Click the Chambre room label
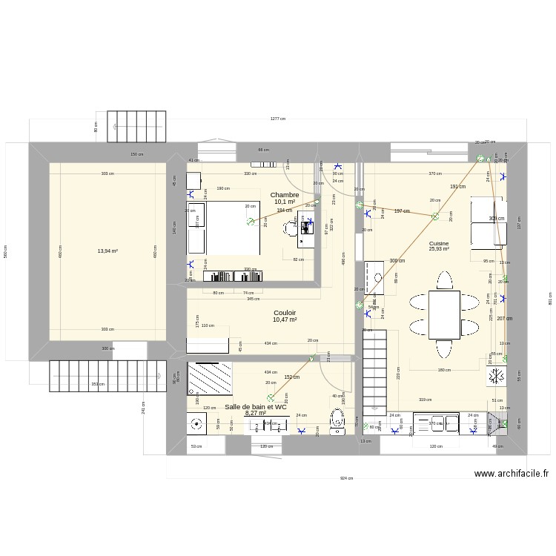pyautogui.click(x=285, y=195)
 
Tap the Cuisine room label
pyautogui.click(x=438, y=243)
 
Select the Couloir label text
pyautogui.click(x=285, y=313)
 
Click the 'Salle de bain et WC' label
pyautogui.click(x=256, y=407)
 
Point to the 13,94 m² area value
pyautogui.click(x=107, y=251)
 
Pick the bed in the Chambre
pyautogui.click(x=230, y=228)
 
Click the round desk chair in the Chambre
pyautogui.click(x=288, y=229)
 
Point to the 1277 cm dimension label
pyautogui.click(x=278, y=119)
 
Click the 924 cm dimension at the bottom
pyautogui.click(x=346, y=478)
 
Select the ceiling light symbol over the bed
pyautogui.click(x=251, y=221)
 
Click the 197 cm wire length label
pyautogui.click(x=401, y=211)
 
